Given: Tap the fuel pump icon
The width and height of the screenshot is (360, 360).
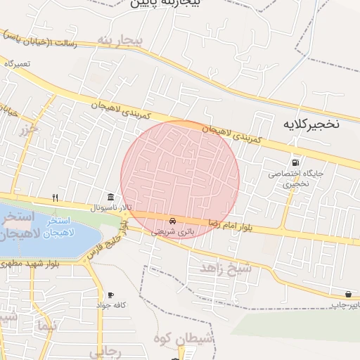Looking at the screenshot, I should coord(294,162).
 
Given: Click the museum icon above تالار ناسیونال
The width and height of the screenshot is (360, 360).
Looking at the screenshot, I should coord(110,198).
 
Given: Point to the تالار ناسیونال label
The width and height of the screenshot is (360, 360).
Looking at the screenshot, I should coord(110,209).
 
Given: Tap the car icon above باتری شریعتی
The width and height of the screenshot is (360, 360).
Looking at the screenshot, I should coord(173,220).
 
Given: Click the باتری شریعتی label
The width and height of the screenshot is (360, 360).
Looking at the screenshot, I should coord(172,231).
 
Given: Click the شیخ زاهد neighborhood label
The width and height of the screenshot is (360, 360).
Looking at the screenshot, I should coord(226,268).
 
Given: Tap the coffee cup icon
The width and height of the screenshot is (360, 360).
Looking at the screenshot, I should coord(110,295).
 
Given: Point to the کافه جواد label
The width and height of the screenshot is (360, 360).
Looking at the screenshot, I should coord(110,306).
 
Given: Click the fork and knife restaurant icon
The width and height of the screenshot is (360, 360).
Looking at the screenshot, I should coord(55,198).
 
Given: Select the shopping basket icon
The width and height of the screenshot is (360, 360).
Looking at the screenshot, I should coord(349,294).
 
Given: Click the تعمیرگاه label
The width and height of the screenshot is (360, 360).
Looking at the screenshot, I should coord(18,63).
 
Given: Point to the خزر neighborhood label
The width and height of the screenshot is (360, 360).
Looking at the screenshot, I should coord(28,130).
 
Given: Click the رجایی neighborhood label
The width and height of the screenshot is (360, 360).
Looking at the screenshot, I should coord(109,349).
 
